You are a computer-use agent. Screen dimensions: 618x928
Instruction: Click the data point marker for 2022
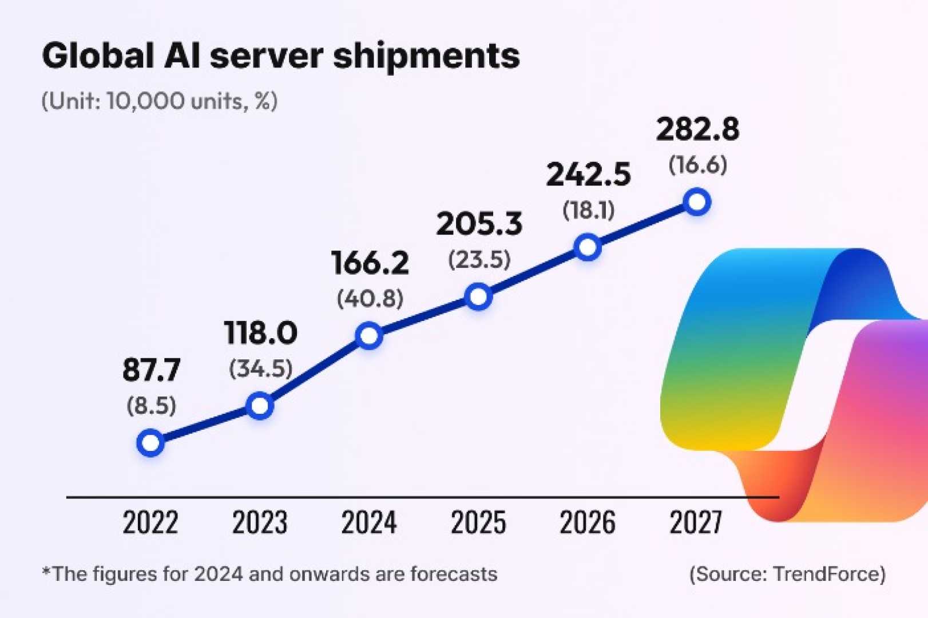150,443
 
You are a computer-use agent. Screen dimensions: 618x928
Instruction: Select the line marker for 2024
369,335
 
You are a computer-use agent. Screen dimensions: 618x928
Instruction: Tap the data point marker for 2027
697,202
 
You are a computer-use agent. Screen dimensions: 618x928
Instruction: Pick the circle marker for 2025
478,296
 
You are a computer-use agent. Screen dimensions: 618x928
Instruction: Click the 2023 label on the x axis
260,522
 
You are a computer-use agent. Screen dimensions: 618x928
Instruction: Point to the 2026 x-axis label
588,522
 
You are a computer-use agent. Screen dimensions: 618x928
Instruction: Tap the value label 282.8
697,129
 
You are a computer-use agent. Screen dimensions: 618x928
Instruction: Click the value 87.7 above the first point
152,370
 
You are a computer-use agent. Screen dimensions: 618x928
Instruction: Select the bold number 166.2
370,263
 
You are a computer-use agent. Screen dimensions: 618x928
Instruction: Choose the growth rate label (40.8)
370,299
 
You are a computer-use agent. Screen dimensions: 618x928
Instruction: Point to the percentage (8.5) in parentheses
152,406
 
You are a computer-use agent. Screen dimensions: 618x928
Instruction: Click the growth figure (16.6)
697,165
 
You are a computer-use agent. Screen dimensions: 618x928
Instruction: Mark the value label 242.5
588,175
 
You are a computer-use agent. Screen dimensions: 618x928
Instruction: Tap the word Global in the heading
98,56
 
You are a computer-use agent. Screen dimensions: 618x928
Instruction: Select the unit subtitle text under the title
160,101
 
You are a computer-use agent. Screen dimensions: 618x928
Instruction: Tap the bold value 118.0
261,333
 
